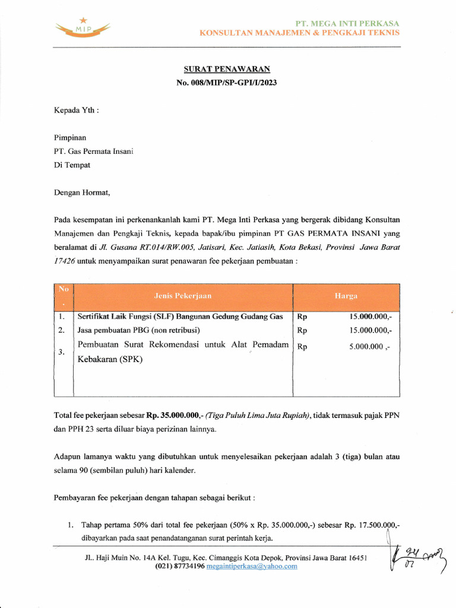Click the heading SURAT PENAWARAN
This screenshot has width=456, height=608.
(226, 69)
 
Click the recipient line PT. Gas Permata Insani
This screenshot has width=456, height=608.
(94, 151)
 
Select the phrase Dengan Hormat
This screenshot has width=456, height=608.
(82, 192)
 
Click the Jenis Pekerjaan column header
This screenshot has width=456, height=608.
(183, 295)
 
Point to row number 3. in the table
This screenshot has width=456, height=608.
(62, 352)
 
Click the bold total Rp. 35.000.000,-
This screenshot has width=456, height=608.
(175, 415)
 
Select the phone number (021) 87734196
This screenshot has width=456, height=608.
(180, 566)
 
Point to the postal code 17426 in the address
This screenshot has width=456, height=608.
(64, 261)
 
